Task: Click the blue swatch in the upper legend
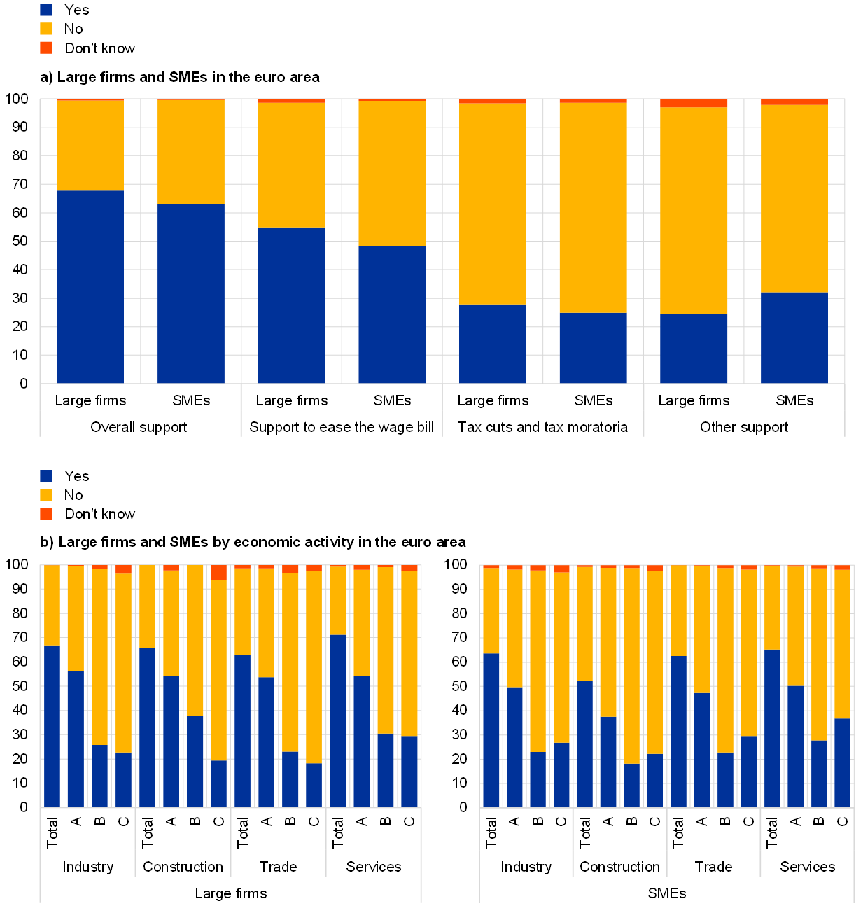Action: click(x=46, y=10)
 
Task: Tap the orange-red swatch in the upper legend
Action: click(x=46, y=48)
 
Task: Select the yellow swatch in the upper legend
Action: click(x=46, y=29)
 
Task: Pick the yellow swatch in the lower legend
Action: click(x=46, y=495)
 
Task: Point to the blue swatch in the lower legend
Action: click(x=46, y=476)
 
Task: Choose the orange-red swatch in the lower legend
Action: click(x=46, y=514)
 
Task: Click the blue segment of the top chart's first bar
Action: click(x=90, y=287)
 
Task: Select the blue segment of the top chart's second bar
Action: click(x=191, y=294)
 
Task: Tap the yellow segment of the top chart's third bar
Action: click(x=291, y=165)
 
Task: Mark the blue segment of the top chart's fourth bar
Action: click(x=392, y=315)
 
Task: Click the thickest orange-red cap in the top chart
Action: click(x=694, y=103)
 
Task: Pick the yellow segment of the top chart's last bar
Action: click(x=794, y=199)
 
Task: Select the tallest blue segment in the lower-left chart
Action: click(x=337, y=721)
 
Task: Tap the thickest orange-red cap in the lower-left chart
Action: click(x=219, y=573)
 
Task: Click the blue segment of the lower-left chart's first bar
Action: click(x=52, y=727)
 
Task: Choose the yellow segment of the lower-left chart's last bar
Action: click(x=409, y=653)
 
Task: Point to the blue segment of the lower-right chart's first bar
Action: click(x=491, y=730)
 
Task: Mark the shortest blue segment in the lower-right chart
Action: click(x=632, y=786)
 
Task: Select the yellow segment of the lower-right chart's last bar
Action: click(x=842, y=644)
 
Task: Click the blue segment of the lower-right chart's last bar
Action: click(x=842, y=763)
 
